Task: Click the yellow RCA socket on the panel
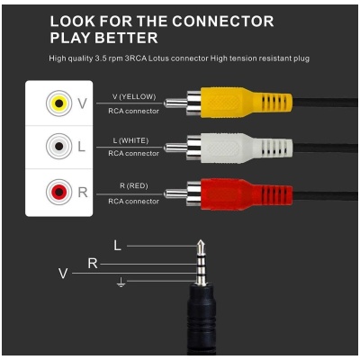pyautogui.click(x=58, y=103)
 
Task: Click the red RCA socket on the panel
pyautogui.click(x=58, y=192)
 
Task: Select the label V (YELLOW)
pyautogui.click(x=133, y=96)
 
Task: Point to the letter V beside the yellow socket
pyautogui.click(x=83, y=103)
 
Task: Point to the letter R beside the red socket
pyautogui.click(x=83, y=192)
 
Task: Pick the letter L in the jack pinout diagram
pyautogui.click(x=118, y=245)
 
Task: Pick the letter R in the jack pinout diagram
pyautogui.click(x=92, y=263)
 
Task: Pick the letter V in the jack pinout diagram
pyautogui.click(x=62, y=273)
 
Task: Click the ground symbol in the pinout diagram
pyautogui.click(x=121, y=283)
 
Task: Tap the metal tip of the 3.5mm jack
pyautogui.click(x=203, y=244)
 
